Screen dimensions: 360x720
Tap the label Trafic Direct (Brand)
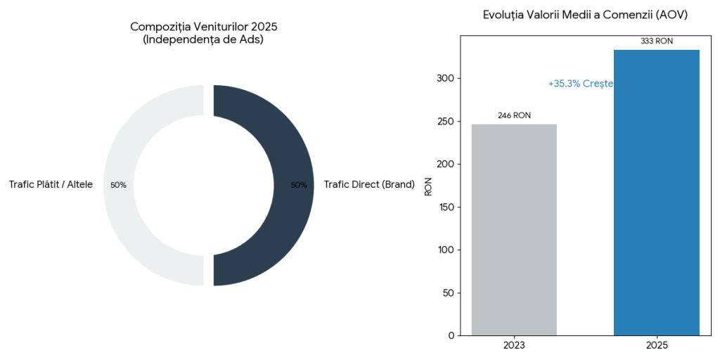click(x=369, y=185)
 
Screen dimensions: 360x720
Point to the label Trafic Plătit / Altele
click(x=51, y=185)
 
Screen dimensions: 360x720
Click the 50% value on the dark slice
click(x=299, y=185)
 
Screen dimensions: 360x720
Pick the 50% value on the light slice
click(x=118, y=185)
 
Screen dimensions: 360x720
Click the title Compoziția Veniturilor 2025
click(x=204, y=27)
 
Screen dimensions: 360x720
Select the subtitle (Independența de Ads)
click(x=204, y=39)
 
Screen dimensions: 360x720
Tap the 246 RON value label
click(x=514, y=115)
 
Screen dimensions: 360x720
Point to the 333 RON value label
click(x=656, y=41)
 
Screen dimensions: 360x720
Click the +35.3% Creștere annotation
click(x=580, y=84)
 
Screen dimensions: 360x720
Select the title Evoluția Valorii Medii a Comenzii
click(x=585, y=15)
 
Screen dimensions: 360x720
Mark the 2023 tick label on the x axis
click(x=514, y=346)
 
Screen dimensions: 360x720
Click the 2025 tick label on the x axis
click(x=656, y=346)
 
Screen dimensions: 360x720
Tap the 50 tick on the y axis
click(x=447, y=292)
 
